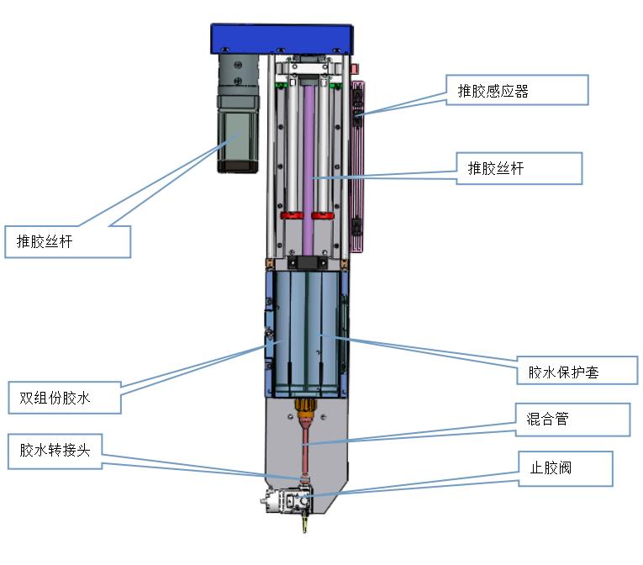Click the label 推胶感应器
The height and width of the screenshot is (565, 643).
coord(516,91)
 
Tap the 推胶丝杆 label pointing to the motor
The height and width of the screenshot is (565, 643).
coord(67,242)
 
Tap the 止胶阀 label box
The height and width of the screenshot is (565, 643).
coord(569,468)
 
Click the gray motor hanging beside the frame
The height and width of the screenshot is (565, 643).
coord(238,126)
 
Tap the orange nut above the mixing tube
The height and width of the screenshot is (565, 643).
coord(307,413)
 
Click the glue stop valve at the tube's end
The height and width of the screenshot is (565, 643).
coord(290,502)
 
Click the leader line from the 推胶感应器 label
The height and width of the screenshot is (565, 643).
coord(403,101)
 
